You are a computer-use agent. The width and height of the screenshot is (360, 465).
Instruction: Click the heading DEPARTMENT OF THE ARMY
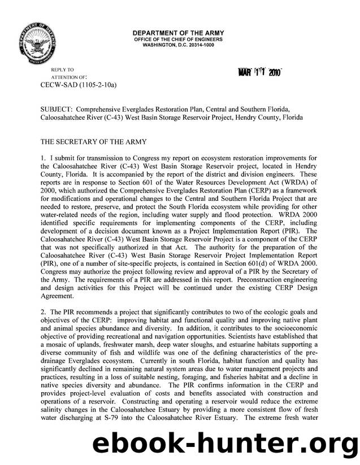coord(178,33)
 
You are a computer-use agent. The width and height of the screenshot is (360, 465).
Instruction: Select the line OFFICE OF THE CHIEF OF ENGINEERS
coord(178,40)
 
